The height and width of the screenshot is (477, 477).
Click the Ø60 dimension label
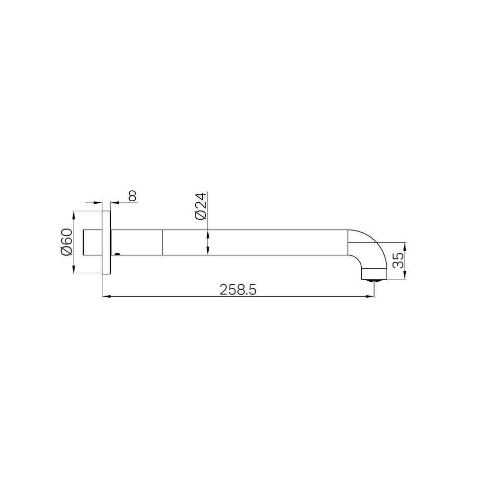click(66, 242)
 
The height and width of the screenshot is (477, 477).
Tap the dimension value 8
click(132, 196)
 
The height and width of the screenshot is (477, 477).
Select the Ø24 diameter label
click(200, 206)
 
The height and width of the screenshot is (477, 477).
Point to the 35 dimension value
click(398, 260)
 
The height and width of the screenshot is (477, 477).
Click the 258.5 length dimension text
click(238, 290)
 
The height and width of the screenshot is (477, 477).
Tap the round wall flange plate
click(106, 242)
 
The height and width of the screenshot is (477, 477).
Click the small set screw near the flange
click(117, 253)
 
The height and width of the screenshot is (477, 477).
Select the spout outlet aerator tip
click(374, 280)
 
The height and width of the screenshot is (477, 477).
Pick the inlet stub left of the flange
click(93, 242)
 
